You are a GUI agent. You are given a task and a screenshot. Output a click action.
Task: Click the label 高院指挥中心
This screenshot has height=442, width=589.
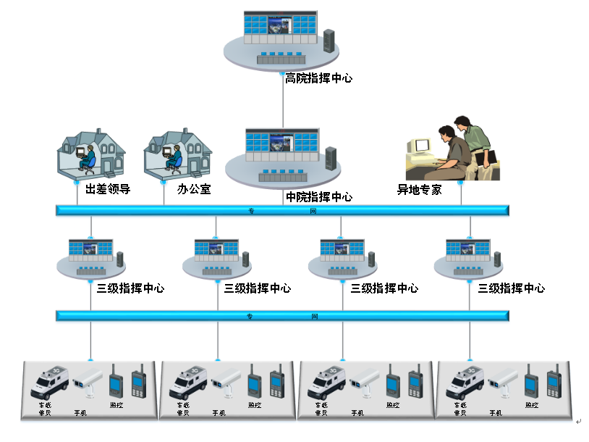pyautogui.click(x=319, y=78)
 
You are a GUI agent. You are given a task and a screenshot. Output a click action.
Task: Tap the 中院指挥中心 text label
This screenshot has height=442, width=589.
pyautogui.click(x=319, y=196)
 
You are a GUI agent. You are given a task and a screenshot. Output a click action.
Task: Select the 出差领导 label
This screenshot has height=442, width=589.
pyautogui.click(x=108, y=190)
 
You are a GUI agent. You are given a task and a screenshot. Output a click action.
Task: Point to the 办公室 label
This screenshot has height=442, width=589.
pyautogui.click(x=194, y=190)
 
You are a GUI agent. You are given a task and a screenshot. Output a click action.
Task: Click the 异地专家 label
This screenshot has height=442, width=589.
pyautogui.click(x=419, y=190)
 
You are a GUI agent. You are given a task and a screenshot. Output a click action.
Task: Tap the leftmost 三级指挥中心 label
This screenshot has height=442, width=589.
pyautogui.click(x=130, y=288)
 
